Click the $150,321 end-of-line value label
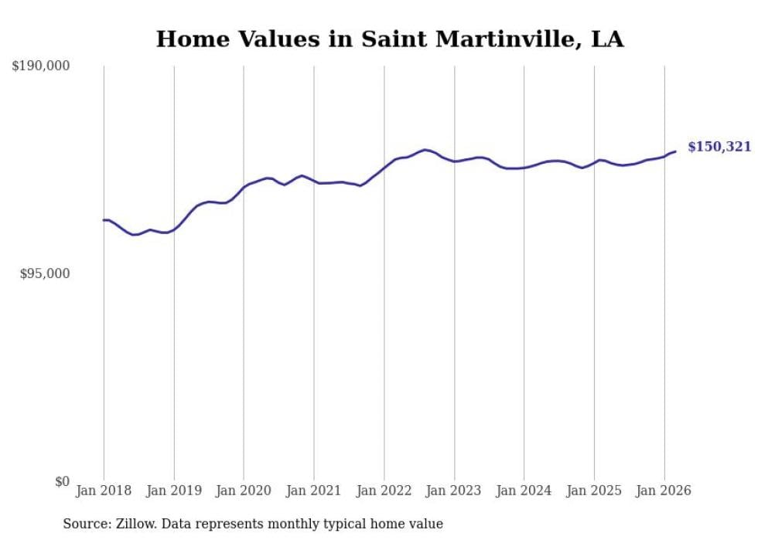[x=719, y=147]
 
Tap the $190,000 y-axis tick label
[x=41, y=66]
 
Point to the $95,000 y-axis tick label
[x=44, y=273]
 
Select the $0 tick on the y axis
[x=63, y=481]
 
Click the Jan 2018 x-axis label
[x=104, y=491]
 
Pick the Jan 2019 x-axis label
[x=173, y=491]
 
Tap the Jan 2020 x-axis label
[x=244, y=491]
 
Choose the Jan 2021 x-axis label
[x=313, y=491]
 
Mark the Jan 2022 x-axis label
[x=384, y=491]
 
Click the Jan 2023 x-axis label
[x=454, y=491]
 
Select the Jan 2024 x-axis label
[x=524, y=491]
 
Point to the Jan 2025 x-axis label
[x=594, y=491]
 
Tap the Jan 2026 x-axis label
[x=664, y=491]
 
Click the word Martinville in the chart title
[x=510, y=39]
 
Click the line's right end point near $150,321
[x=675, y=151]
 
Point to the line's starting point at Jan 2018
[x=104, y=220]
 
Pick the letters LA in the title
[x=607, y=39]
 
